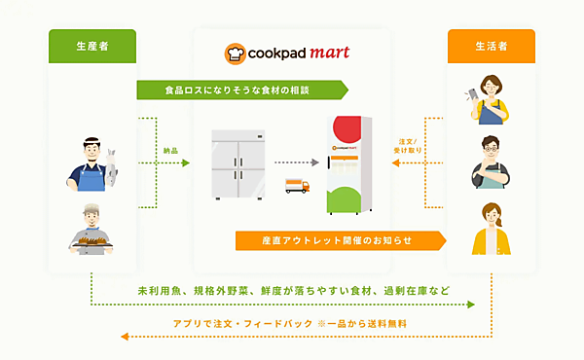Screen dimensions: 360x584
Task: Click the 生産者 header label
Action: pos(92,45)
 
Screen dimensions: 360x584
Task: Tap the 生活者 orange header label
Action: pos(491,45)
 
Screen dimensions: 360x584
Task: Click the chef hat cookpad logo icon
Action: pos(235,52)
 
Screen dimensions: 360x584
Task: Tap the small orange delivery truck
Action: pos(297,187)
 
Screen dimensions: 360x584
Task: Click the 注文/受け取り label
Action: pos(409,147)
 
